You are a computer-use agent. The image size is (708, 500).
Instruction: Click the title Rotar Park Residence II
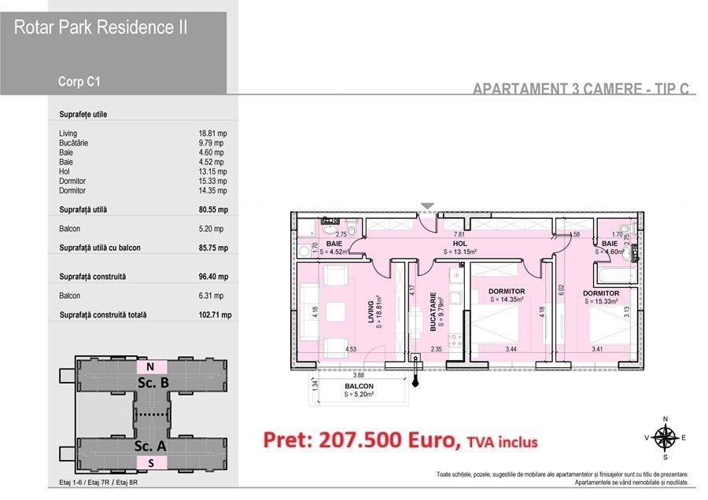[101, 28]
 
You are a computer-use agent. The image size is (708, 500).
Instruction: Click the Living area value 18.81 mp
[212, 134]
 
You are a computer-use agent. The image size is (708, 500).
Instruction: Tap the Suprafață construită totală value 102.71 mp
[215, 315]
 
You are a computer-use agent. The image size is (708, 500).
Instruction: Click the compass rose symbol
[666, 437]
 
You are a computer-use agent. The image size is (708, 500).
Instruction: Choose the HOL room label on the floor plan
[460, 244]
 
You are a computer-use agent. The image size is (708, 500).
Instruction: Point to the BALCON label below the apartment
[359, 387]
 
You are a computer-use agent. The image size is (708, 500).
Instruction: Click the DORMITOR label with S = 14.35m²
[507, 292]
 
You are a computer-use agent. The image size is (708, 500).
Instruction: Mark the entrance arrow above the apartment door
[427, 207]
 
